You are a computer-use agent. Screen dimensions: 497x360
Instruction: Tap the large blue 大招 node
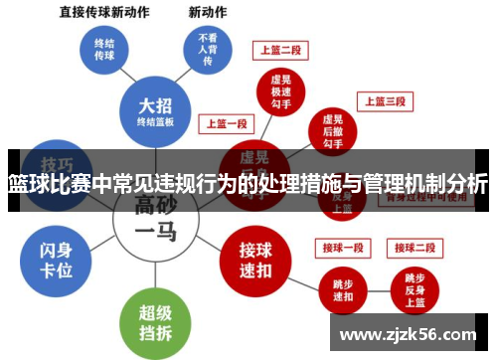coord(155,111)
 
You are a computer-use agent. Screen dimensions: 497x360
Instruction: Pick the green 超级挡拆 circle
coord(155,320)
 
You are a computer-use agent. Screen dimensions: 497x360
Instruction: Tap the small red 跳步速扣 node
coord(341,288)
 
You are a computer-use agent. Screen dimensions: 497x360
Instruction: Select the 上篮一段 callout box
coord(227,124)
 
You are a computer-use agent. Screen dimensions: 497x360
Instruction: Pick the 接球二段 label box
coord(413,247)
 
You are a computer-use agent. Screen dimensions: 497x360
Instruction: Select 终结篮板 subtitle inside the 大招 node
coord(155,122)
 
